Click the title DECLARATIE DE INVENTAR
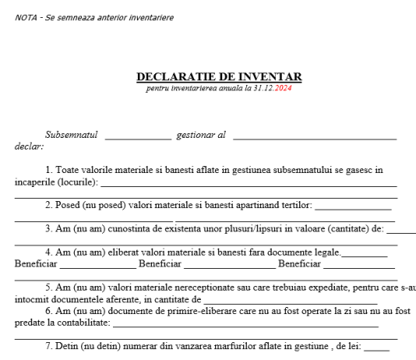(219, 76)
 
